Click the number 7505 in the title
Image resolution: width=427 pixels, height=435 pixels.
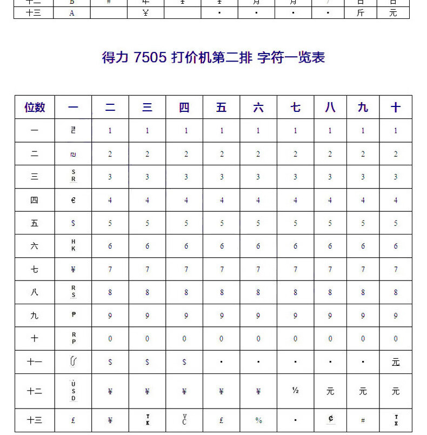150,58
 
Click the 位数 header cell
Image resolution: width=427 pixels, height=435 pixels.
35,108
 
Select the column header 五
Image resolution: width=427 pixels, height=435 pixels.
221,108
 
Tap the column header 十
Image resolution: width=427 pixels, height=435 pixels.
396,108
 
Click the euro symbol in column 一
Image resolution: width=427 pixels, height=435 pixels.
74,200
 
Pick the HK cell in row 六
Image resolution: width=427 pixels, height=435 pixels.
74,245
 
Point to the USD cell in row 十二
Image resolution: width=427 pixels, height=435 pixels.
74,391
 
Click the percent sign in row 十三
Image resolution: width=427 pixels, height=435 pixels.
258,420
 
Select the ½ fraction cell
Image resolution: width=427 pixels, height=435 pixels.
295,391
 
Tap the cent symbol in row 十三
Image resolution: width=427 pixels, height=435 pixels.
330,419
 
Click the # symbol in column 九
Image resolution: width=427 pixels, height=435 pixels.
363,420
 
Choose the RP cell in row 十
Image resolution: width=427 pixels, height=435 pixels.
74,338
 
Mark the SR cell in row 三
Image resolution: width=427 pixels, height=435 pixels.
74,176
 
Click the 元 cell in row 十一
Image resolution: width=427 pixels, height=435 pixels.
396,362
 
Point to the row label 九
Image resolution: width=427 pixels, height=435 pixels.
35,316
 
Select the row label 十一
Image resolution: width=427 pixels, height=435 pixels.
35,362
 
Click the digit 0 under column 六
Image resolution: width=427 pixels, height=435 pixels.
258,339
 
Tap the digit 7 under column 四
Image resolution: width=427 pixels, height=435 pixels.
184,269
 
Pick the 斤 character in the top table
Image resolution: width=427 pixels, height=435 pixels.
361,13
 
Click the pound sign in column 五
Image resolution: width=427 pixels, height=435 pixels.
221,420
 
